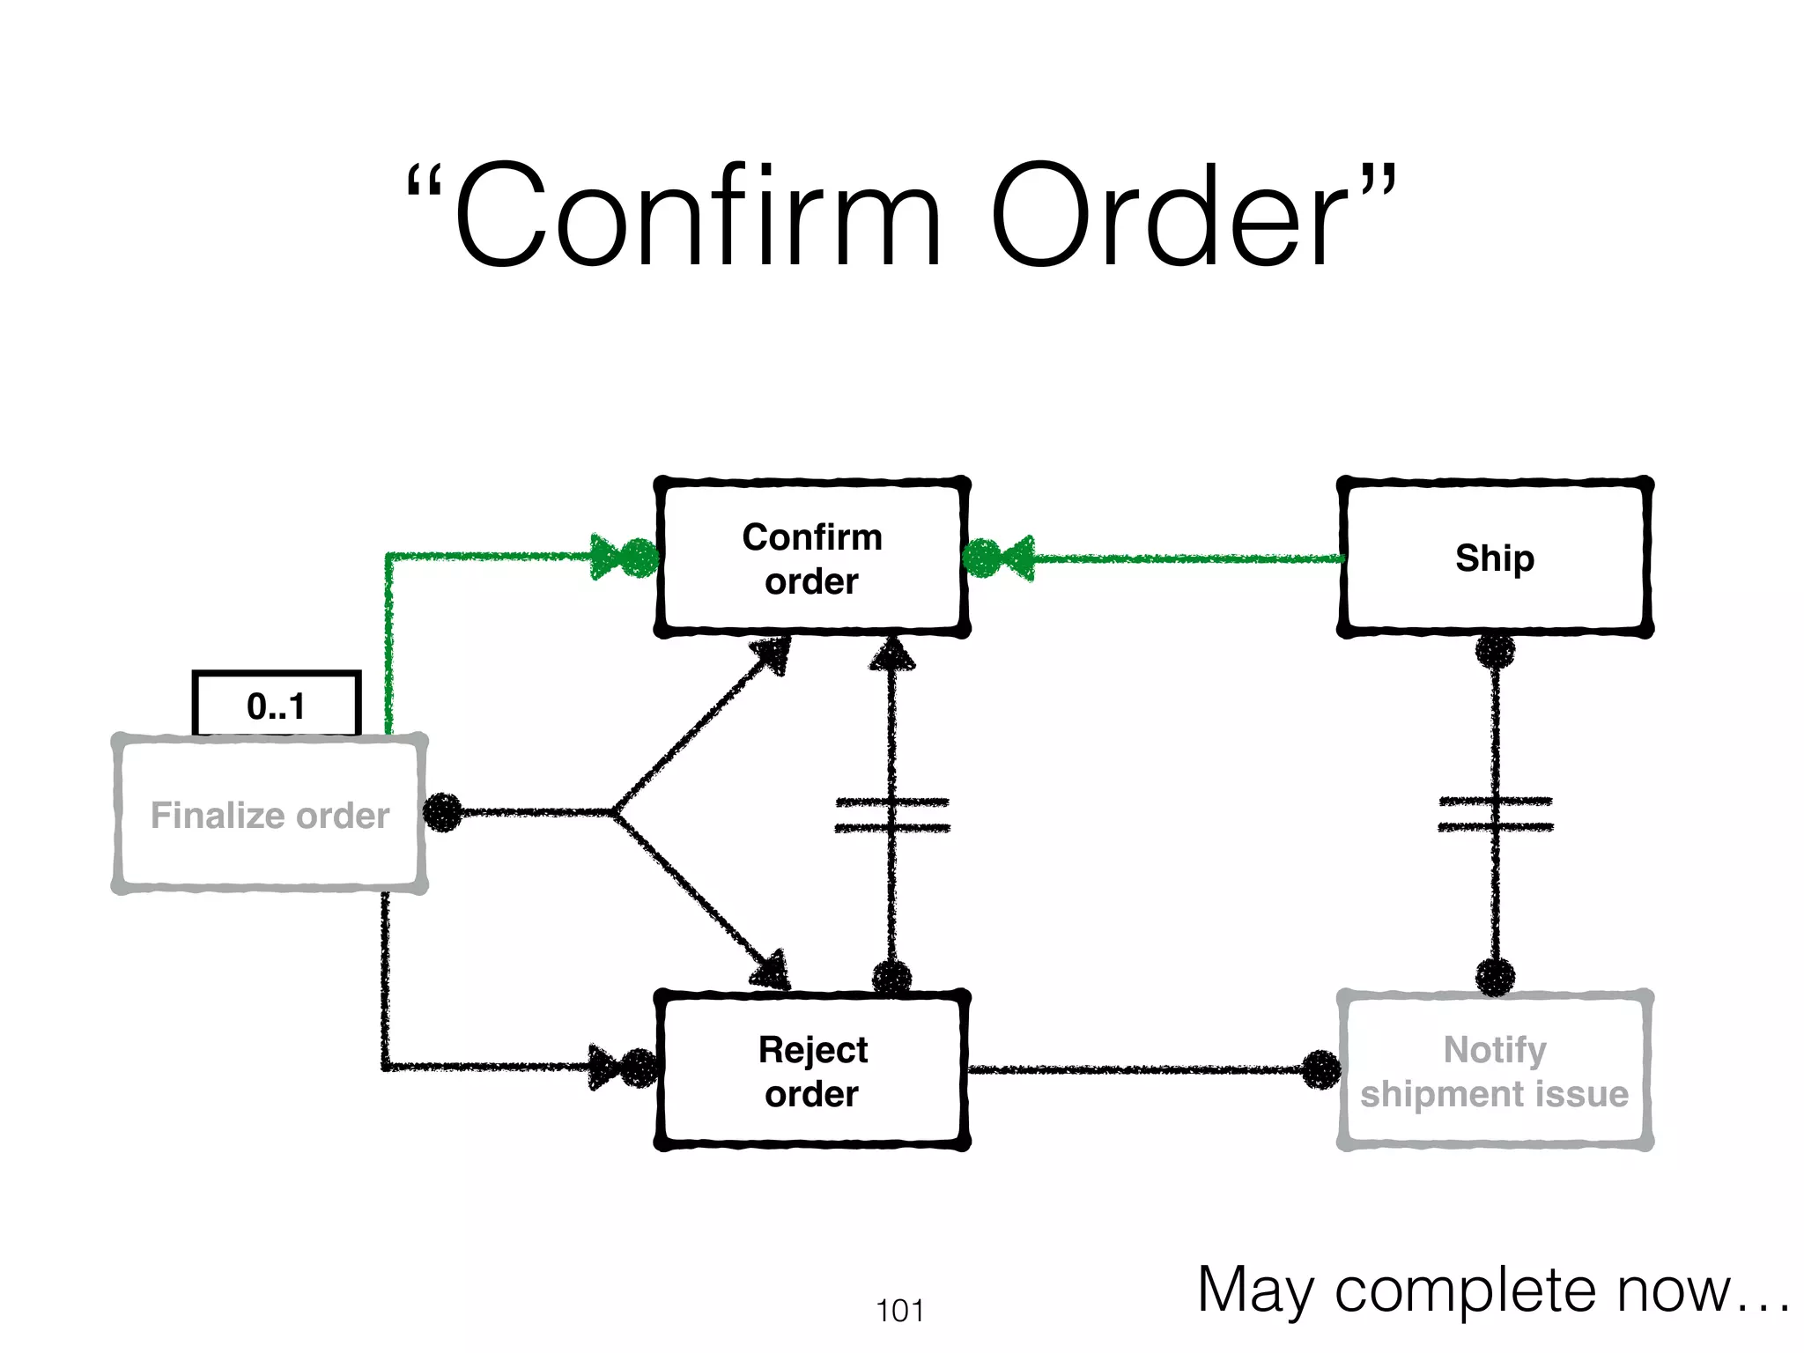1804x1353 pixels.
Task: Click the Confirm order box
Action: point(811,558)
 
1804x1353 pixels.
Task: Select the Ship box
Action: point(1494,558)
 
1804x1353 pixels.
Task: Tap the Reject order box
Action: point(811,1070)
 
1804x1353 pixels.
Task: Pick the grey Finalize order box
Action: point(270,814)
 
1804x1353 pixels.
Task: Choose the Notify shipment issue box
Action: point(1494,1070)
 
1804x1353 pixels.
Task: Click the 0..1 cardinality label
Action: point(276,705)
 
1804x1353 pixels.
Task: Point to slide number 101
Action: point(899,1311)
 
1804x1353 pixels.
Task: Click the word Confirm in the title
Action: point(697,217)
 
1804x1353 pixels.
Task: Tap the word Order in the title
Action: point(1172,217)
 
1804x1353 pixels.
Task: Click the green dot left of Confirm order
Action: point(641,558)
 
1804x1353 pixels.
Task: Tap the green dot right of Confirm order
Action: point(981,558)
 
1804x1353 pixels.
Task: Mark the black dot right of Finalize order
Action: point(442,812)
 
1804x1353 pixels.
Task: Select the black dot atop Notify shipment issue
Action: point(1495,977)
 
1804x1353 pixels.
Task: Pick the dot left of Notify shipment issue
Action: point(1321,1069)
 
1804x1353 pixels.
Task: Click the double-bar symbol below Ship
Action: point(1495,814)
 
